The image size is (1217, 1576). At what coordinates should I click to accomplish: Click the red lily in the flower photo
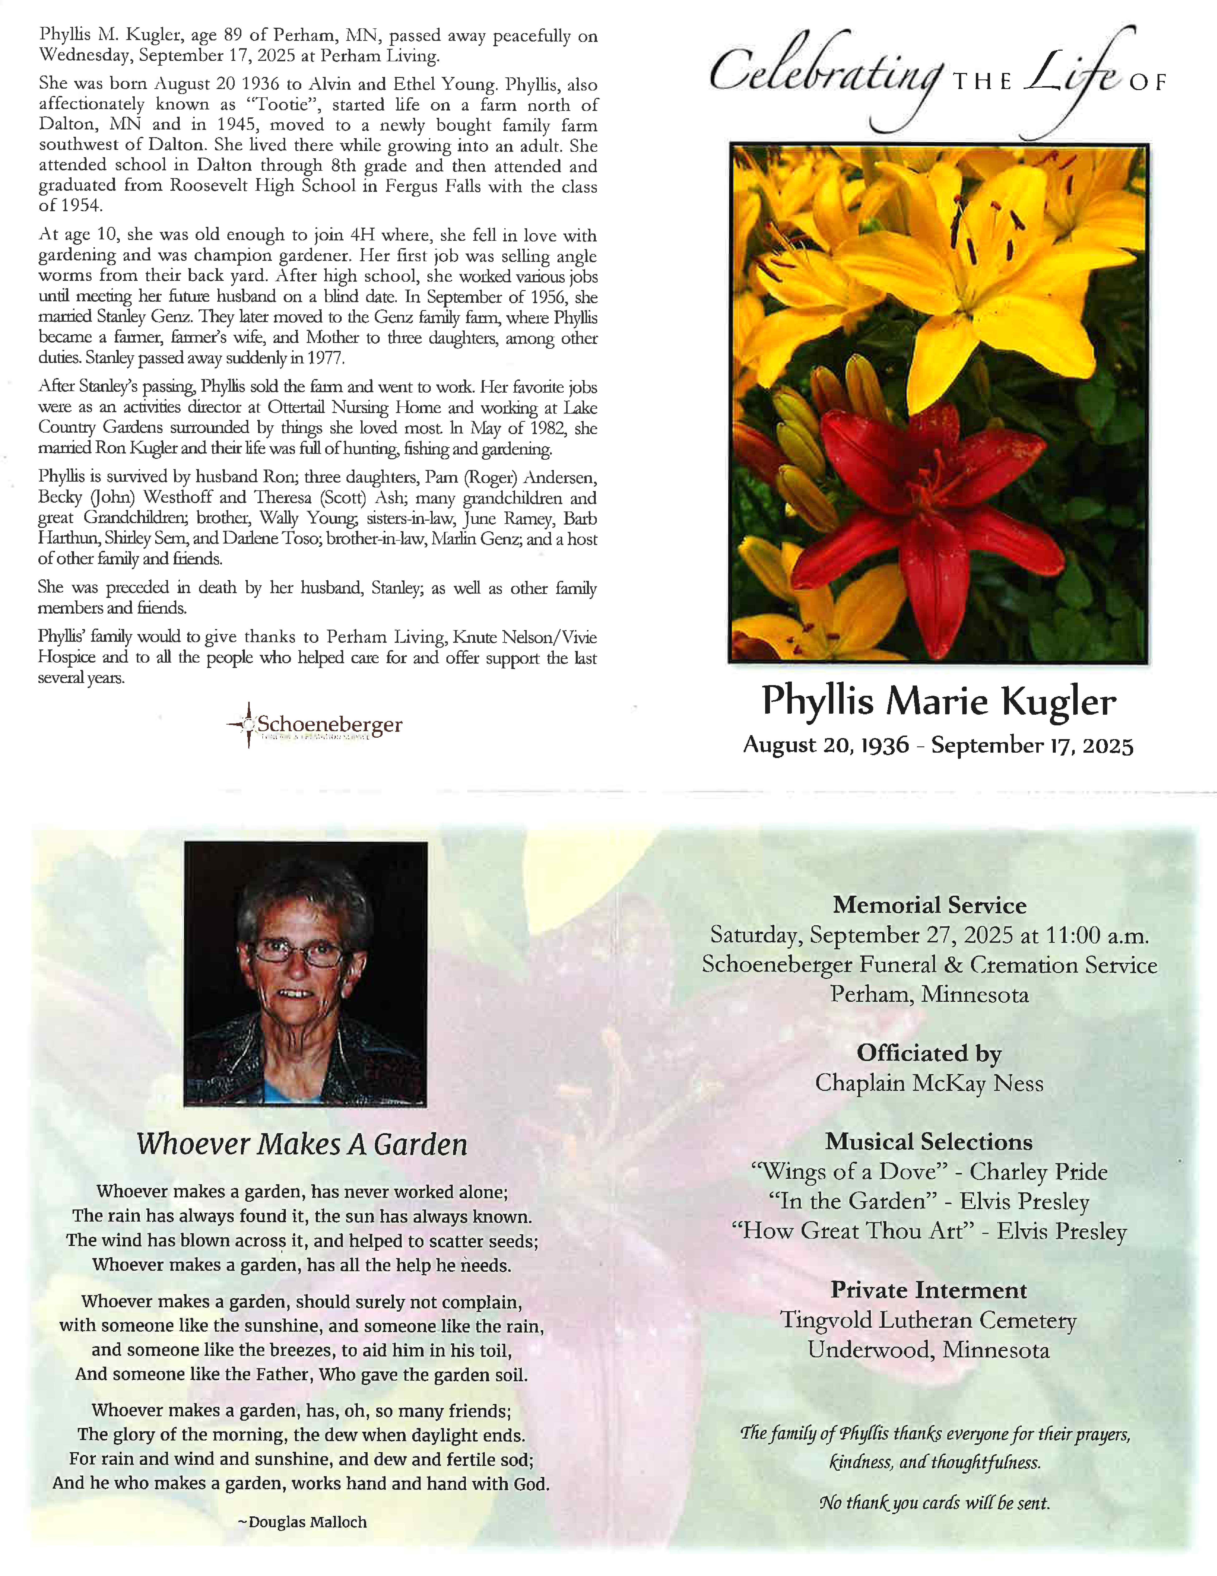(931, 498)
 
